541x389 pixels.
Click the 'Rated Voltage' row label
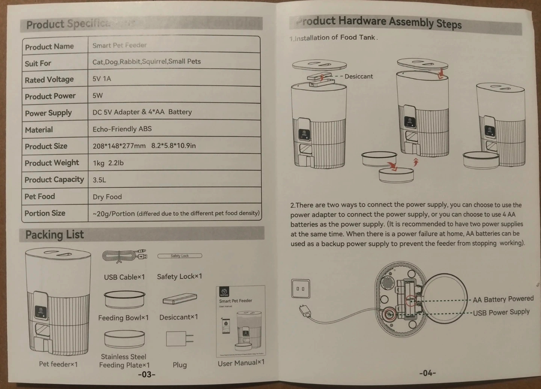coord(49,80)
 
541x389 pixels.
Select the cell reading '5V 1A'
coord(102,79)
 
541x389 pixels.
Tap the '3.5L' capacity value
coord(100,180)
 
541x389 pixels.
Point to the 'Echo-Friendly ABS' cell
coord(122,129)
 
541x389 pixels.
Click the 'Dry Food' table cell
coord(107,197)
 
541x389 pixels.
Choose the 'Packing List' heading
coord(54,235)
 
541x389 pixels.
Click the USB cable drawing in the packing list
coord(124,256)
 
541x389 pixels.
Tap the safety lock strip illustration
coord(180,256)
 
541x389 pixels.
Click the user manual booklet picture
coord(241,321)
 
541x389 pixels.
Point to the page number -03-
coord(147,374)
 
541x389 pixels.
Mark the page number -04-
coord(427,373)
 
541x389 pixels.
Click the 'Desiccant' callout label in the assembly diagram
coord(358,76)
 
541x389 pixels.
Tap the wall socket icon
coord(301,289)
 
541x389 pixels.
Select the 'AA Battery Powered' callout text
coord(503,299)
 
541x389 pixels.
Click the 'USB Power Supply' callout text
coord(501,312)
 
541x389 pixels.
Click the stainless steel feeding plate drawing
coord(124,339)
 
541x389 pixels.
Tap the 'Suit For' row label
coord(38,63)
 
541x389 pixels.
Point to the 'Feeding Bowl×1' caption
coord(123,318)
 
